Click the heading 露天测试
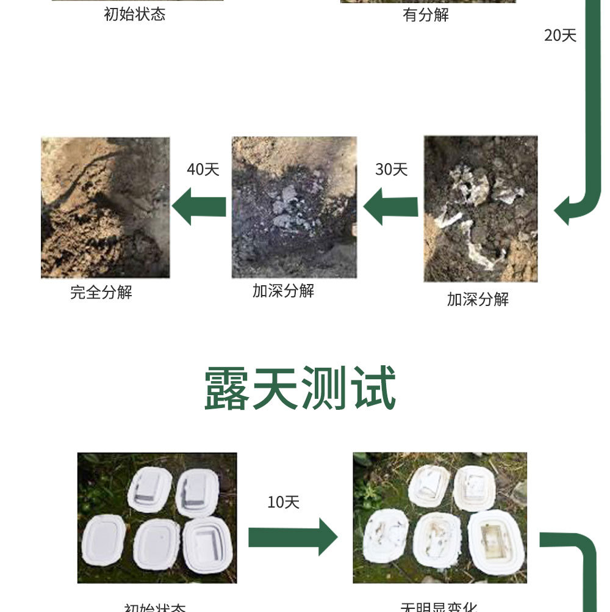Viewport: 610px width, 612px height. [x=300, y=388]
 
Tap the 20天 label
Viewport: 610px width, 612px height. [x=560, y=35]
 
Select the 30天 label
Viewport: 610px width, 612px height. [x=391, y=169]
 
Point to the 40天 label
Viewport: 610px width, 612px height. [x=203, y=169]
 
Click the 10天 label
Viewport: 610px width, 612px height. [x=284, y=503]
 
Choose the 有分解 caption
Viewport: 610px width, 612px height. [x=426, y=15]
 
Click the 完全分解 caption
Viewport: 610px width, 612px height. [x=101, y=293]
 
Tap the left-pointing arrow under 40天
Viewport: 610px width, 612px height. [x=199, y=206]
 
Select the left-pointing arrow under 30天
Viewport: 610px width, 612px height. [x=390, y=206]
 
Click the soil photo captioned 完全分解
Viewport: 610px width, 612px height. [x=105, y=208]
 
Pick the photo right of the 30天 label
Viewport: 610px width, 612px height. [x=481, y=208]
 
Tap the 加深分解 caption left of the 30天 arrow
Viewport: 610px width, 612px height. [x=284, y=291]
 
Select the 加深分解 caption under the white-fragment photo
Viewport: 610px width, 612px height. [x=478, y=299]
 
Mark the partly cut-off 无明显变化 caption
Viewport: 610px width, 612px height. [x=439, y=608]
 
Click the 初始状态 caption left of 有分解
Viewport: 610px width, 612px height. [x=135, y=15]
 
